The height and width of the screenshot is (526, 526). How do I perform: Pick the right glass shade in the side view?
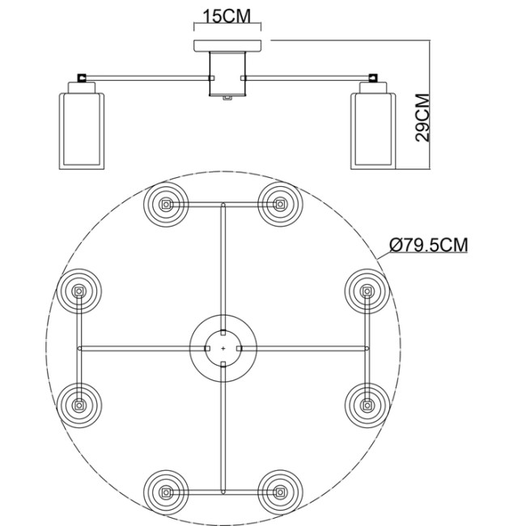coord(371,130)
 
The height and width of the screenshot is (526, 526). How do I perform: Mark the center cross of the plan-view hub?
coord(223,348)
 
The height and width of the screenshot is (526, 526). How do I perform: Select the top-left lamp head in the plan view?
coord(165,204)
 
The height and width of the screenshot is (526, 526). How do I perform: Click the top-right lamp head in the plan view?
coord(281,204)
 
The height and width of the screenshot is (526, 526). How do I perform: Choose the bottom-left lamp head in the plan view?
coord(165,491)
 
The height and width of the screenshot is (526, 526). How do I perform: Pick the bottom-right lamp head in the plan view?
coord(281,491)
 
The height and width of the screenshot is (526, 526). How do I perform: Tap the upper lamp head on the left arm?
coord(79,290)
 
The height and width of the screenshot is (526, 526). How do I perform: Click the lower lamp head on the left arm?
coord(79,404)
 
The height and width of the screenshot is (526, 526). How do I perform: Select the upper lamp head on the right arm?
coord(367,290)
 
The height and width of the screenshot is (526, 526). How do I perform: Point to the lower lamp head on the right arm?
coord(367,404)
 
